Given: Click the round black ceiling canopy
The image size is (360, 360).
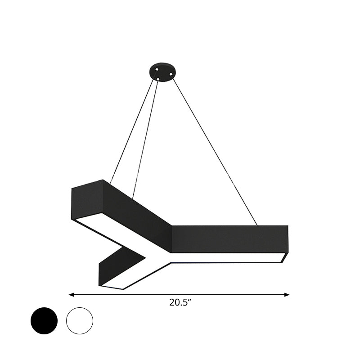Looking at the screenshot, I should pyautogui.click(x=162, y=72).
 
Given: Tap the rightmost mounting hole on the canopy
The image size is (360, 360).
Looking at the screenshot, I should pyautogui.click(x=171, y=74).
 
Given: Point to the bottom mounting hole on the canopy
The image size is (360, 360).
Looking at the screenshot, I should pyautogui.click(x=158, y=80).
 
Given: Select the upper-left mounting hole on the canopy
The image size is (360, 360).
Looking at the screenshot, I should pyautogui.click(x=156, y=69).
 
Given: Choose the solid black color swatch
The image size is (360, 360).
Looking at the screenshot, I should pyautogui.click(x=44, y=321).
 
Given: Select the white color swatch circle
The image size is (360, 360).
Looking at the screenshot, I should pyautogui.click(x=80, y=321).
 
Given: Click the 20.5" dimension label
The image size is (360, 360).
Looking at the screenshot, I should pyautogui.click(x=180, y=303).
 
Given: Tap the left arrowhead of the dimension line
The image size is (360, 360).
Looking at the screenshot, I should pyautogui.click(x=71, y=295).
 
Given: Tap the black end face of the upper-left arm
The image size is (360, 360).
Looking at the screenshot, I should pyautogui.click(x=87, y=198).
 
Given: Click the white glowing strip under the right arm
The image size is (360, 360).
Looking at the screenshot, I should pyautogui.click(x=225, y=257).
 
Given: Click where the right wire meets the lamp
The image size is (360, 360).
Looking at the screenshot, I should pyautogui.click(x=257, y=225).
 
